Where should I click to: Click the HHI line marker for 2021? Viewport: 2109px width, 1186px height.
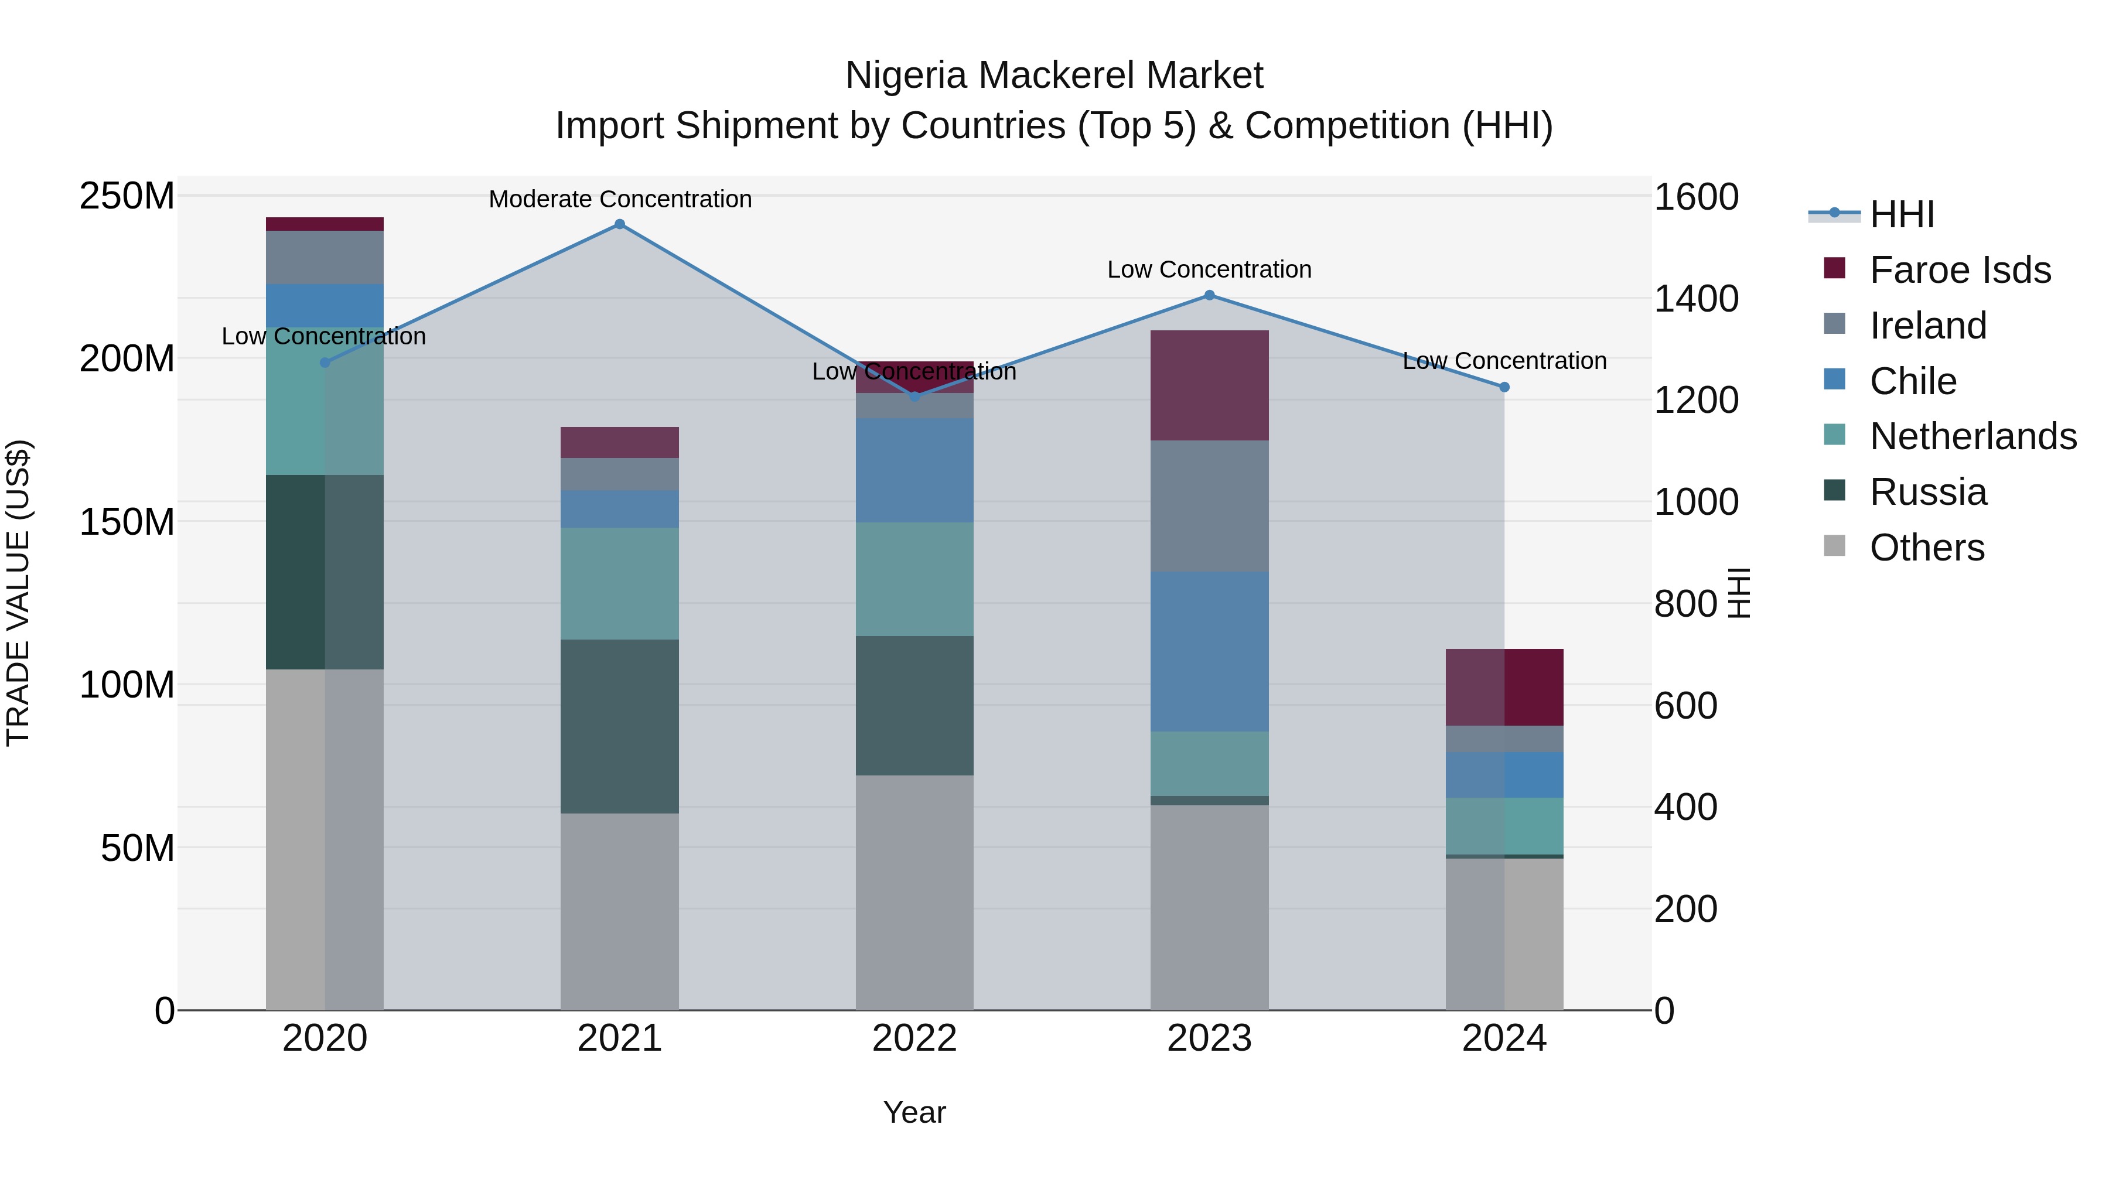coord(620,224)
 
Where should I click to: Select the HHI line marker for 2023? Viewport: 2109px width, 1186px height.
coord(1209,296)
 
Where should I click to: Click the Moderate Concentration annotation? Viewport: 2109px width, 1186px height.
coord(620,199)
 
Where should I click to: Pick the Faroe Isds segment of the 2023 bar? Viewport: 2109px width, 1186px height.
coord(1209,385)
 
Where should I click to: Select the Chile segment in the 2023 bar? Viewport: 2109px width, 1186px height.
coord(1209,651)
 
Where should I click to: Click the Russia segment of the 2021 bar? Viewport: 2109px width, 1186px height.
coord(620,726)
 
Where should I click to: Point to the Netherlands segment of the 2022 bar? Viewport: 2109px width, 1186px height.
coord(914,579)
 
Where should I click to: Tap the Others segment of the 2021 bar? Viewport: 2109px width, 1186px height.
coord(620,911)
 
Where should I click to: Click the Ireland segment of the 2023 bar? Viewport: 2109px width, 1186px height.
coord(1209,506)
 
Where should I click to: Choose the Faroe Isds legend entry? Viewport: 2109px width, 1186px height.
coord(1960,270)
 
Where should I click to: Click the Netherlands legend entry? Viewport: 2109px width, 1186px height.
coord(1973,436)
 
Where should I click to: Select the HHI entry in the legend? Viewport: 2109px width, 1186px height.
coord(1902,214)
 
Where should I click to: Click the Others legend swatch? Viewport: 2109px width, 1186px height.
coord(1835,546)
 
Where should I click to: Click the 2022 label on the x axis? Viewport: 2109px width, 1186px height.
coord(914,1038)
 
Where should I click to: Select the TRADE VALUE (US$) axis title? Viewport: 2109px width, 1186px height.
coord(18,593)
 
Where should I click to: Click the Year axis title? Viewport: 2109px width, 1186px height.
coord(914,1112)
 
